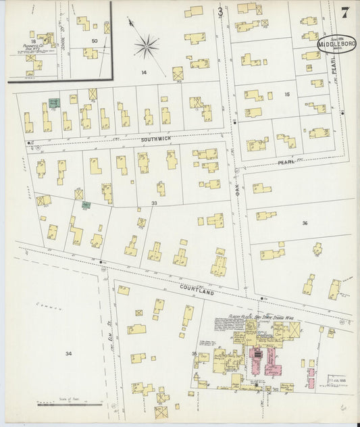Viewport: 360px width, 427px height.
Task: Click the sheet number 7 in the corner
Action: coord(345,12)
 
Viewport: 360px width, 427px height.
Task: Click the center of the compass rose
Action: coord(146,47)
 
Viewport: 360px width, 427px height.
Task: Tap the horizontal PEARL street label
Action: coord(287,163)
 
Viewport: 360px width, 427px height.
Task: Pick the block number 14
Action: coord(143,72)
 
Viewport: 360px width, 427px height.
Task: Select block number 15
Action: coord(287,95)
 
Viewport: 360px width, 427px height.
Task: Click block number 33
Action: coord(154,203)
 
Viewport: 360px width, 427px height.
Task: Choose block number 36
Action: coord(305,223)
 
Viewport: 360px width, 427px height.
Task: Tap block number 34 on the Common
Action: coord(68,353)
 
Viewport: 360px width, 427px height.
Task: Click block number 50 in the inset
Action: coord(95,41)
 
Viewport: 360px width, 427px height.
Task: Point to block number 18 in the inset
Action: coord(32,41)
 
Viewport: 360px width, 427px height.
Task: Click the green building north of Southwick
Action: coord(54,103)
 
